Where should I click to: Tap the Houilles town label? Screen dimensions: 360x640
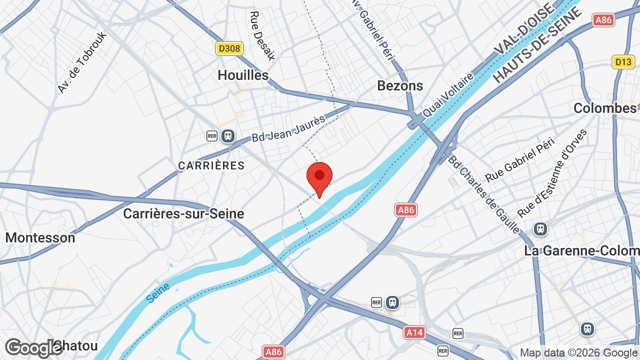click(243, 75)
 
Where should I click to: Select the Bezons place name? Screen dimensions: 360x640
click(400, 85)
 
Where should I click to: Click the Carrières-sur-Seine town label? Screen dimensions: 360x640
click(183, 213)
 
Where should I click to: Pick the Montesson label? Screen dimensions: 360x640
click(40, 237)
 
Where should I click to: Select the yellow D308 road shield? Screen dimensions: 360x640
click(229, 48)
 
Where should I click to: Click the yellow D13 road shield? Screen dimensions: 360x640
click(623, 62)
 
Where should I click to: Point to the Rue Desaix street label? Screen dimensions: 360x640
click(262, 35)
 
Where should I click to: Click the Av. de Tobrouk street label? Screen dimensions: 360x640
click(82, 63)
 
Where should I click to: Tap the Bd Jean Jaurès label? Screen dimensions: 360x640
click(288, 128)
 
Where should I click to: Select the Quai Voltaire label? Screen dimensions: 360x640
click(448, 95)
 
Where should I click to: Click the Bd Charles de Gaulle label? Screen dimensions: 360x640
click(483, 194)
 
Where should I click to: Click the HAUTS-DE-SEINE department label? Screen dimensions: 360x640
click(538, 45)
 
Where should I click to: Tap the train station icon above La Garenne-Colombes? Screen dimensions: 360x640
click(540, 229)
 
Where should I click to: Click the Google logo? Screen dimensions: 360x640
click(34, 347)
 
